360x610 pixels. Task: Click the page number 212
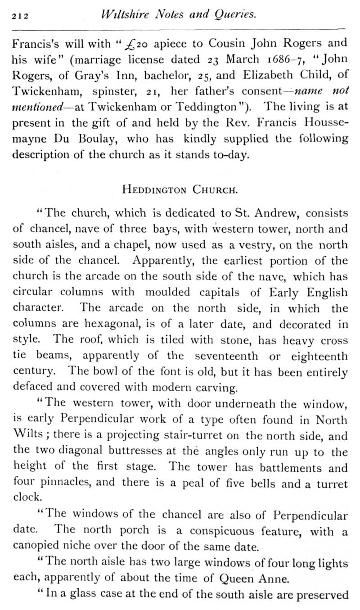[x=20, y=16]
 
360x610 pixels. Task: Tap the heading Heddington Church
[x=180, y=189]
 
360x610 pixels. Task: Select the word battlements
[x=297, y=468]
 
